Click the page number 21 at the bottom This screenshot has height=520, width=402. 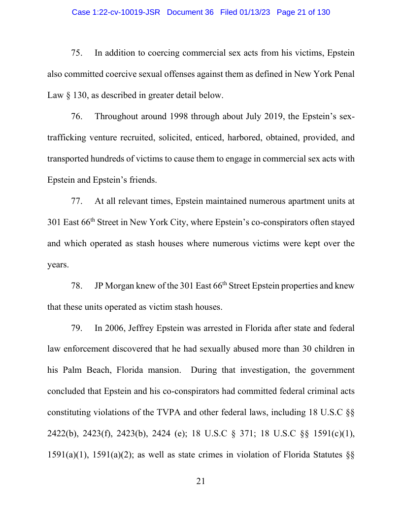[201, 481]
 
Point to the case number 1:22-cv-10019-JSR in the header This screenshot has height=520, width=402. [116, 12]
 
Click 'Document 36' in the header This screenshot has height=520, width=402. [190, 12]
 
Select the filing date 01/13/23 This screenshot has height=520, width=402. [253, 12]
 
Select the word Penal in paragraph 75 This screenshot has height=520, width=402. [343, 74]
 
